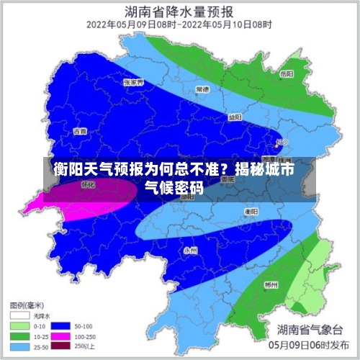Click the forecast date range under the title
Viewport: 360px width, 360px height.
[x=179, y=24]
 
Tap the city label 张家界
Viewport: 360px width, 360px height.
[x=133, y=83]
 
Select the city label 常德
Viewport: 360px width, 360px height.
[x=202, y=90]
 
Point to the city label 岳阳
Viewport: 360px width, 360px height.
[x=287, y=73]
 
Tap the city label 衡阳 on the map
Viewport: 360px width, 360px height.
[x=251, y=212]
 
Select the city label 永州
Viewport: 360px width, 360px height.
[x=190, y=250]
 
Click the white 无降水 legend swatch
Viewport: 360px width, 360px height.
[x=19, y=315]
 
